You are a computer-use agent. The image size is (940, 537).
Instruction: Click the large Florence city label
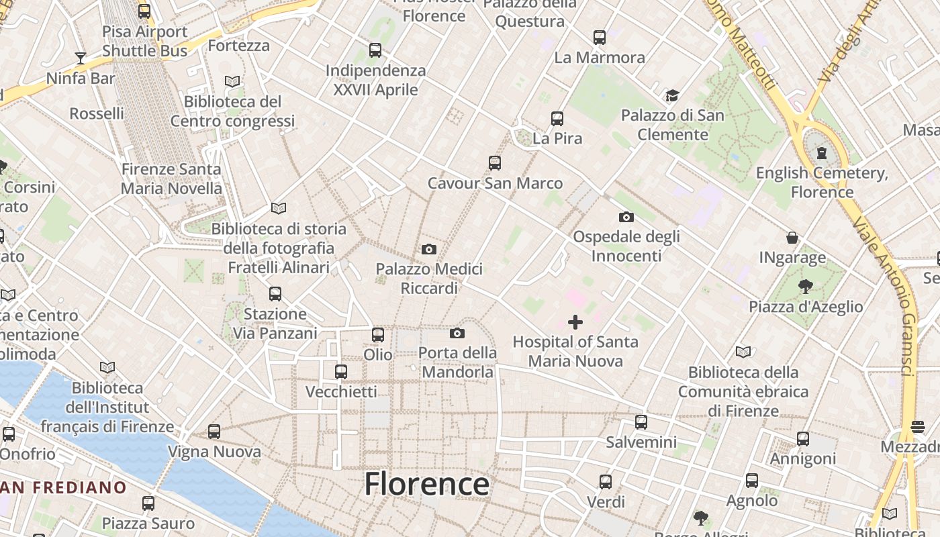(x=427, y=483)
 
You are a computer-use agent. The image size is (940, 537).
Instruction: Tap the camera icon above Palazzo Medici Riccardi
(x=429, y=250)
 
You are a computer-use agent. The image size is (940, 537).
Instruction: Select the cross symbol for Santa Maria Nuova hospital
(x=575, y=322)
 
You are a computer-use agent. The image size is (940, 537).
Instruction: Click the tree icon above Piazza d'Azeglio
(x=806, y=287)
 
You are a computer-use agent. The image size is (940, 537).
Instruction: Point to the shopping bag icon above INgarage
(x=793, y=238)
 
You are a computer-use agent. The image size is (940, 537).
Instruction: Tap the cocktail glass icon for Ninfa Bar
(x=81, y=58)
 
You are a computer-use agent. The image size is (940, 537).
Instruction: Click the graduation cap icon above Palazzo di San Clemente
(x=672, y=95)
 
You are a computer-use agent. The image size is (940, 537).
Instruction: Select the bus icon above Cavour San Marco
(x=495, y=163)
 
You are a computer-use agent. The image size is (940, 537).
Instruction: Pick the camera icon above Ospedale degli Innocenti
(x=626, y=217)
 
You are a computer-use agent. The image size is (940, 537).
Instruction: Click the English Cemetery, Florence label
(x=822, y=183)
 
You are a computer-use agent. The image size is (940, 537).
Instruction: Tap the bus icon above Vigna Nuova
(x=214, y=432)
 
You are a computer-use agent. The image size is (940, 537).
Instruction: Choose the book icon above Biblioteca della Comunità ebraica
(x=743, y=352)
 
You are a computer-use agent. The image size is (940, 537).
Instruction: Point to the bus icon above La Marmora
(x=600, y=38)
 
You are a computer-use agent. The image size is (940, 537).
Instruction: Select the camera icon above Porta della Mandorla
(x=457, y=333)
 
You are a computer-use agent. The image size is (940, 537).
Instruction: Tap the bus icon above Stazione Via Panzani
(x=275, y=294)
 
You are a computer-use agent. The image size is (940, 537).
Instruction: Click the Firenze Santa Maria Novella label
(x=171, y=179)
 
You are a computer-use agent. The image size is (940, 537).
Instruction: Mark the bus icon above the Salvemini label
(x=641, y=422)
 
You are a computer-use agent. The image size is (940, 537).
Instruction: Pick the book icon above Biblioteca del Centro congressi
(x=232, y=82)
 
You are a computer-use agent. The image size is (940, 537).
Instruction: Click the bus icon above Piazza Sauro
(x=148, y=503)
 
